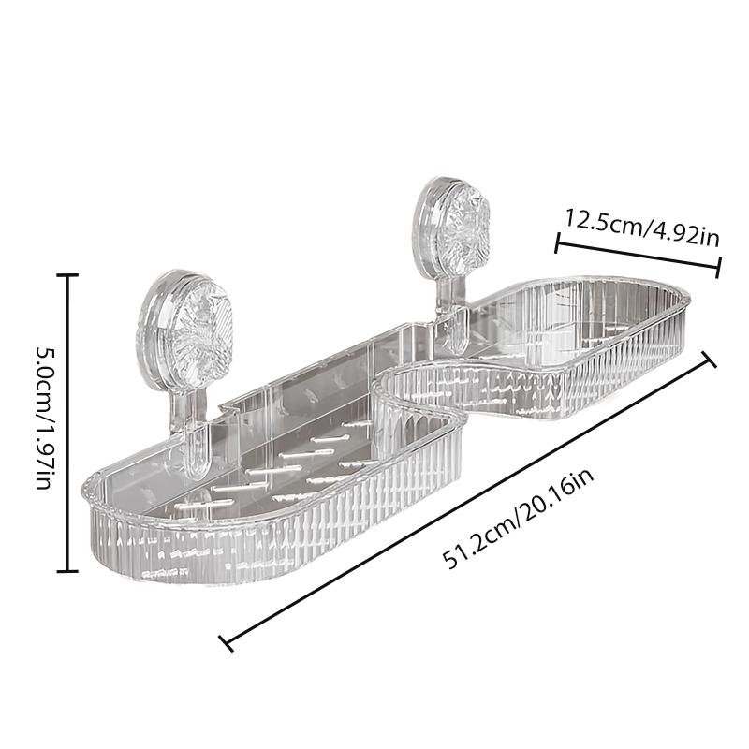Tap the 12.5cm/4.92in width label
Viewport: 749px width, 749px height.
[641, 226]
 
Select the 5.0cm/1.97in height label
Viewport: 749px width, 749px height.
[45, 421]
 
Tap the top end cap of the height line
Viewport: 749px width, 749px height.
[67, 274]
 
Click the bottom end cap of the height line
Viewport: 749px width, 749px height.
[67, 570]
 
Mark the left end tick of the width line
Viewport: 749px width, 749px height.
[557, 244]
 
